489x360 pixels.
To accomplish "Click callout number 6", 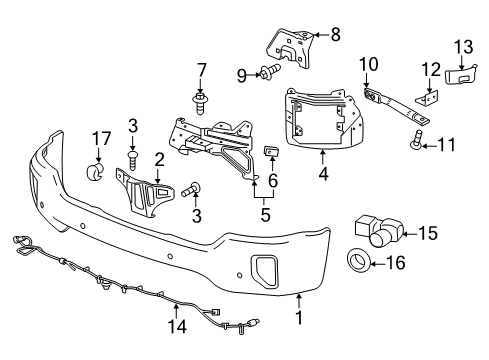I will tap(273, 181).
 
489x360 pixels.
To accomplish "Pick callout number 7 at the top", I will tap(201, 69).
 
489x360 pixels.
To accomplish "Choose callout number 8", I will tap(335, 35).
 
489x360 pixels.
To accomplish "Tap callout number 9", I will tap(240, 73).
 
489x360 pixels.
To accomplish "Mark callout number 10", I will tap(368, 64).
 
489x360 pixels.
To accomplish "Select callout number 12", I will tap(431, 69).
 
